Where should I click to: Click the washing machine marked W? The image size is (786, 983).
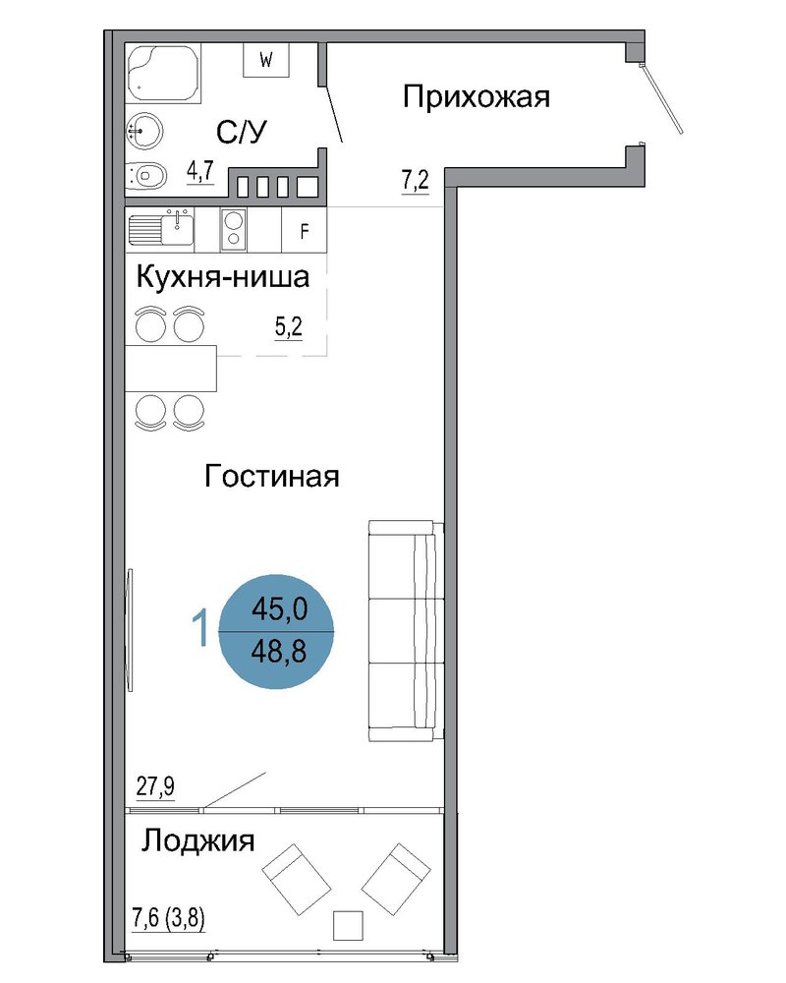coord(265,60)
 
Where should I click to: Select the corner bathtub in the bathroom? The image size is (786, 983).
coord(163,73)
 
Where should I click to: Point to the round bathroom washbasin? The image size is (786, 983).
coord(144,131)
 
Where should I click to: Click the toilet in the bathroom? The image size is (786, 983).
coord(146,176)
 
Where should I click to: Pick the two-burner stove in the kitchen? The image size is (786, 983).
coord(233,229)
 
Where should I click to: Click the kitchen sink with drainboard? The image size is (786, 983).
coord(160,228)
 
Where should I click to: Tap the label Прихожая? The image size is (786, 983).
coord(476,97)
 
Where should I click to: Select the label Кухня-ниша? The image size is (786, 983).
coord(222,277)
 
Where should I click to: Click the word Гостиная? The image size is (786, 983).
coord(272,476)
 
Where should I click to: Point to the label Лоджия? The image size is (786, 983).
coord(197,840)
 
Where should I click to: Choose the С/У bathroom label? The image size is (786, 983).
coord(242,132)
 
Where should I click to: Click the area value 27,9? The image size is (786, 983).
coord(155,785)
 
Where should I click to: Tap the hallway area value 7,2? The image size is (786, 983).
coord(415,181)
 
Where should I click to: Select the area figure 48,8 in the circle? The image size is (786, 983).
coord(279,652)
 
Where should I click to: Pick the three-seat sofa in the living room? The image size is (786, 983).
coord(406,631)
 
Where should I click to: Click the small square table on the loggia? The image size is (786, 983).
coord(348,925)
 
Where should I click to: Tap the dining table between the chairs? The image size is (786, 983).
coord(171,368)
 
